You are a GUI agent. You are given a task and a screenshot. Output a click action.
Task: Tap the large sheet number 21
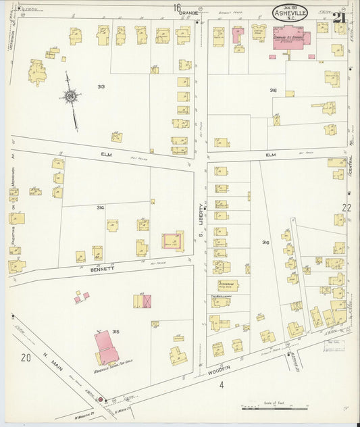point(340,14)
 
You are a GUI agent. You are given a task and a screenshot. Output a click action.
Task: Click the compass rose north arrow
point(70,98)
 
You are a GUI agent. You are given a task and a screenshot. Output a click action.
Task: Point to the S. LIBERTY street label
point(201,223)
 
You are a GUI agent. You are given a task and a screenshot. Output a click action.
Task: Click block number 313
point(101,86)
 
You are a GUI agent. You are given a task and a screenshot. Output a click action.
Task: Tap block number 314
point(100,207)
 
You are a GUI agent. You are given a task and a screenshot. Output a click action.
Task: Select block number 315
point(115,331)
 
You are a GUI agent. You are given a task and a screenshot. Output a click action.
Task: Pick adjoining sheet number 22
point(346,207)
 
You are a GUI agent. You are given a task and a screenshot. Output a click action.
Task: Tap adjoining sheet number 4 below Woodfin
point(220,385)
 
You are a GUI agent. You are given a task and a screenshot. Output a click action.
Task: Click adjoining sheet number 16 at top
point(177,7)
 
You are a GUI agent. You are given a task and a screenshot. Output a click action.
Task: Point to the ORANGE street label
point(190,12)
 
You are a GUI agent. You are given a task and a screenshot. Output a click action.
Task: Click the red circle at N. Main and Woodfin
point(101,400)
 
